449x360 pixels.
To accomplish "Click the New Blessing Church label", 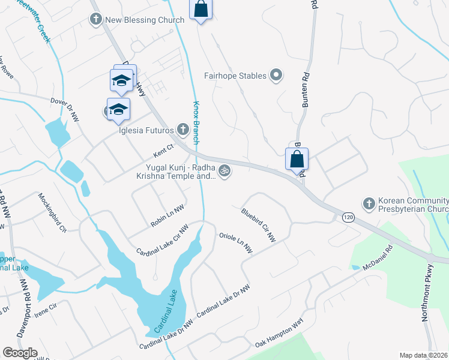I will pyautogui.click(x=144, y=20).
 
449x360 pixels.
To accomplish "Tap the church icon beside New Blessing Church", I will pyautogui.click(x=95, y=20).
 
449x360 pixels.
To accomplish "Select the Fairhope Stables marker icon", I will pyautogui.click(x=276, y=76).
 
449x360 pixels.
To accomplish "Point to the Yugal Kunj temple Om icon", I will pyautogui.click(x=224, y=171).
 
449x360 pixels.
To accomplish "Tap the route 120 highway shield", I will pyautogui.click(x=348, y=217).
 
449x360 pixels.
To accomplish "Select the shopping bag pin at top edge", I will pyautogui.click(x=200, y=10).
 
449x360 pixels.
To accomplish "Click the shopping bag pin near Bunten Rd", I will pyautogui.click(x=297, y=160).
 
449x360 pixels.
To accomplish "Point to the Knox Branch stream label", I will pyautogui.click(x=196, y=123).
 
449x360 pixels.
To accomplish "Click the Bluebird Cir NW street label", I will pyautogui.click(x=258, y=226).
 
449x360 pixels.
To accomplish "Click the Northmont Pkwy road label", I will pyautogui.click(x=427, y=292).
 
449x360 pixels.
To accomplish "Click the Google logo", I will pyautogui.click(x=20, y=353).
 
